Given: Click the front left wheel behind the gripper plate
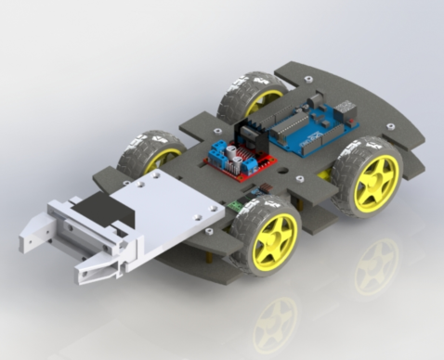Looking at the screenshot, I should pos(153,148).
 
